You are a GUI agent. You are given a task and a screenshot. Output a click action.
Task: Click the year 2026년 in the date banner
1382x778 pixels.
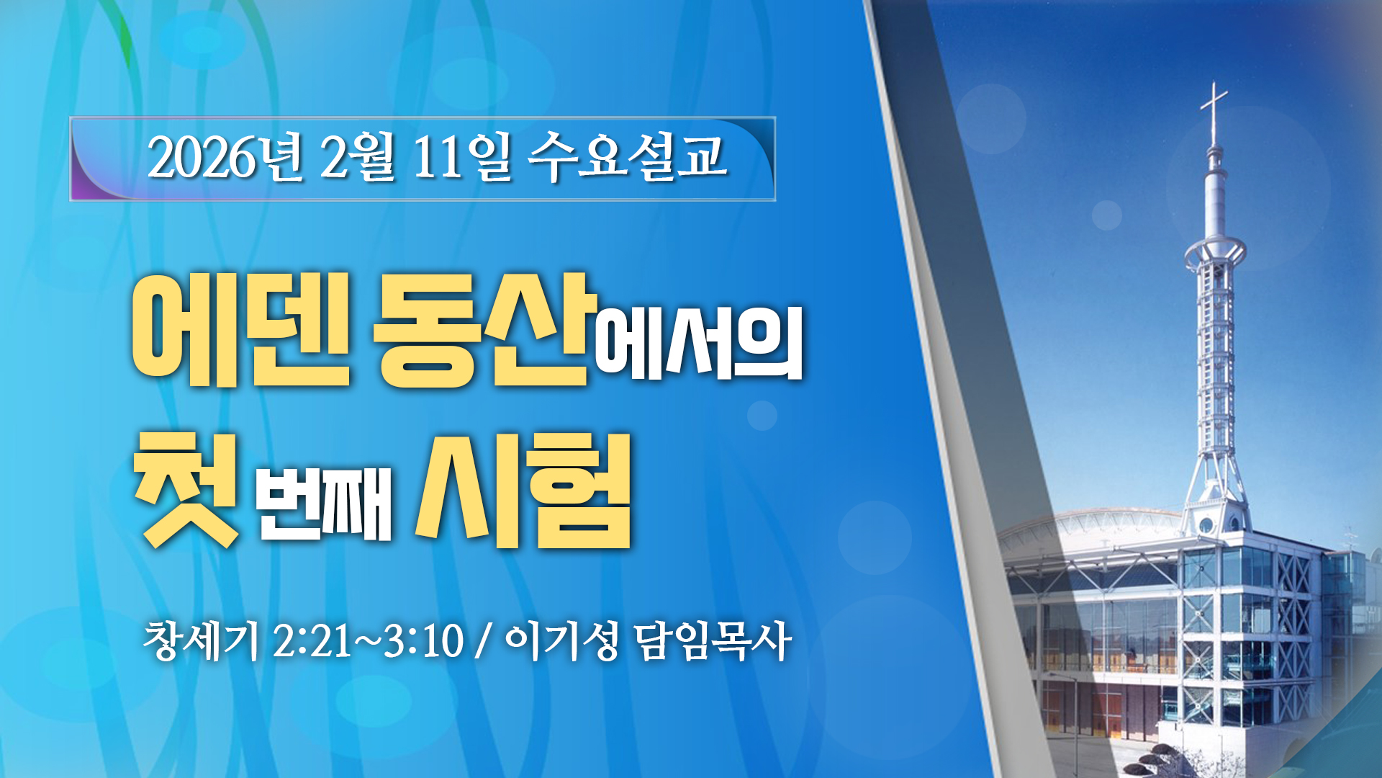225,157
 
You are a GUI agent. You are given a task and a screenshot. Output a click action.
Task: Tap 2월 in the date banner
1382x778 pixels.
358,157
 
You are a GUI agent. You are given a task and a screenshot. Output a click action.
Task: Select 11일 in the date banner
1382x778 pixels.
462,157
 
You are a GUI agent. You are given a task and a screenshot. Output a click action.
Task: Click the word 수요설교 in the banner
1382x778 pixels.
627,156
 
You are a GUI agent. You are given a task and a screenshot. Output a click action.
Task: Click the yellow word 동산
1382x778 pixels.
485,329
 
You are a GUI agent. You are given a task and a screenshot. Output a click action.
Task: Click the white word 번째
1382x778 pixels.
325,504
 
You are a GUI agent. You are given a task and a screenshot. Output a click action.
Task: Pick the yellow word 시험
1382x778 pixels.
523,491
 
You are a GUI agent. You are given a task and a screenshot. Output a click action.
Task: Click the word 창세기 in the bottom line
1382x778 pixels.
201,640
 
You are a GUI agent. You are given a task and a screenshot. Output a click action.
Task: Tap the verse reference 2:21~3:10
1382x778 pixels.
368,641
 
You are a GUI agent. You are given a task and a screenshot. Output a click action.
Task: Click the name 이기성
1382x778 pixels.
562,640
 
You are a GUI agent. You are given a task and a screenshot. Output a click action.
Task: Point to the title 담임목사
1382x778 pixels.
713,640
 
